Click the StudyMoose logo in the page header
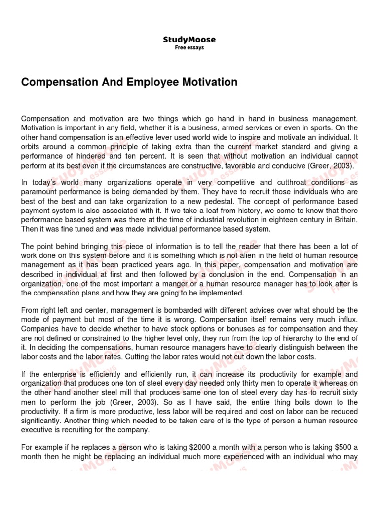pos(189,40)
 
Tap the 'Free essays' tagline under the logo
pos(189,48)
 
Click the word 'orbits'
pos(31,147)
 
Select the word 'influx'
pos(345,319)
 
